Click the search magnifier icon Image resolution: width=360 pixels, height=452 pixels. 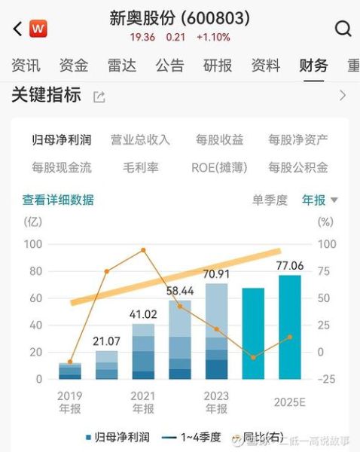[343, 29]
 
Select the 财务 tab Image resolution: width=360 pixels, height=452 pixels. [313, 66]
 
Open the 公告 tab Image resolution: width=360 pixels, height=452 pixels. [169, 66]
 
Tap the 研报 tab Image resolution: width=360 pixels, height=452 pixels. [218, 66]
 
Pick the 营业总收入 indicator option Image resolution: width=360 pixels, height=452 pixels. [140, 139]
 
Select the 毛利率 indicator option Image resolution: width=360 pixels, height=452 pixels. [140, 167]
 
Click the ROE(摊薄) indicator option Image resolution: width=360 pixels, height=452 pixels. [219, 167]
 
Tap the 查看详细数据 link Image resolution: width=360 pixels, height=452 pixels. [58, 200]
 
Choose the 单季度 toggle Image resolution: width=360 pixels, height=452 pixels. [270, 200]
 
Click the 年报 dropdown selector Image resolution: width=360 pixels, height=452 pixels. [320, 200]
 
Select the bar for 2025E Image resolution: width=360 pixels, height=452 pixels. [290, 328]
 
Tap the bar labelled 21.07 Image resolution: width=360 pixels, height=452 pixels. [106, 365]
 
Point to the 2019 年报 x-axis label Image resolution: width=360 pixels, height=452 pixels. [70, 402]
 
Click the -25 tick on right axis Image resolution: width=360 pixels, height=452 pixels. [326, 379]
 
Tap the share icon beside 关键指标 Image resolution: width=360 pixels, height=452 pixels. [99, 96]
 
